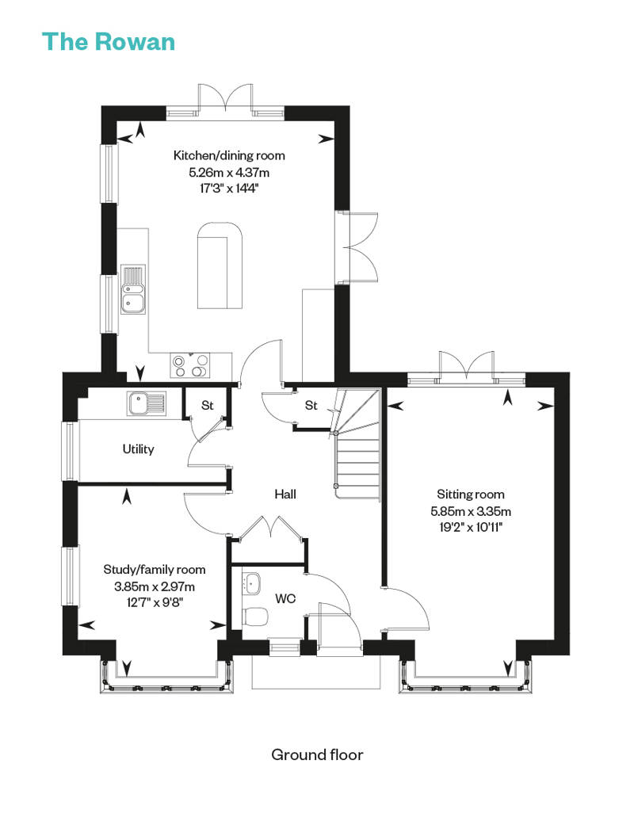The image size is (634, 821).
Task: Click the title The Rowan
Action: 109,42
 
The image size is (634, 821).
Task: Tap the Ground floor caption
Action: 317,754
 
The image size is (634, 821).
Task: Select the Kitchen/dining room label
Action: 229,155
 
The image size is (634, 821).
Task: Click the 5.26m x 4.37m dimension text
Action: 229,172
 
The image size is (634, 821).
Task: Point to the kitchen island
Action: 220,265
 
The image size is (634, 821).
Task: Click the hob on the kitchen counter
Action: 189,365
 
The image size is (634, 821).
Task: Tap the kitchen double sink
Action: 133,289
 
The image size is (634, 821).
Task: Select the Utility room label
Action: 138,449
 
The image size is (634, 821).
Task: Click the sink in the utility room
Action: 147,403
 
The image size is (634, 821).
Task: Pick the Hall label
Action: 285,494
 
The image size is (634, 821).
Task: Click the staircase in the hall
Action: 357,445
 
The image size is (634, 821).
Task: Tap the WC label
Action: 285,598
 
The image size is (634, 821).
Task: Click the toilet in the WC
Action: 256,617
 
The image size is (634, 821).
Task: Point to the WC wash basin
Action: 252,582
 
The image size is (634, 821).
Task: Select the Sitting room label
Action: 471,495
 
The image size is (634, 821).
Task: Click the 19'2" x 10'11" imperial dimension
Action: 471,527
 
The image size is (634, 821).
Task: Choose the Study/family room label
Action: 155,570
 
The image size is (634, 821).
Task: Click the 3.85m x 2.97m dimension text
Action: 155,586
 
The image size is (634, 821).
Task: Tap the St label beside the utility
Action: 208,405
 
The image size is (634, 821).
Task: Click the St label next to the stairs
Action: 311,405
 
